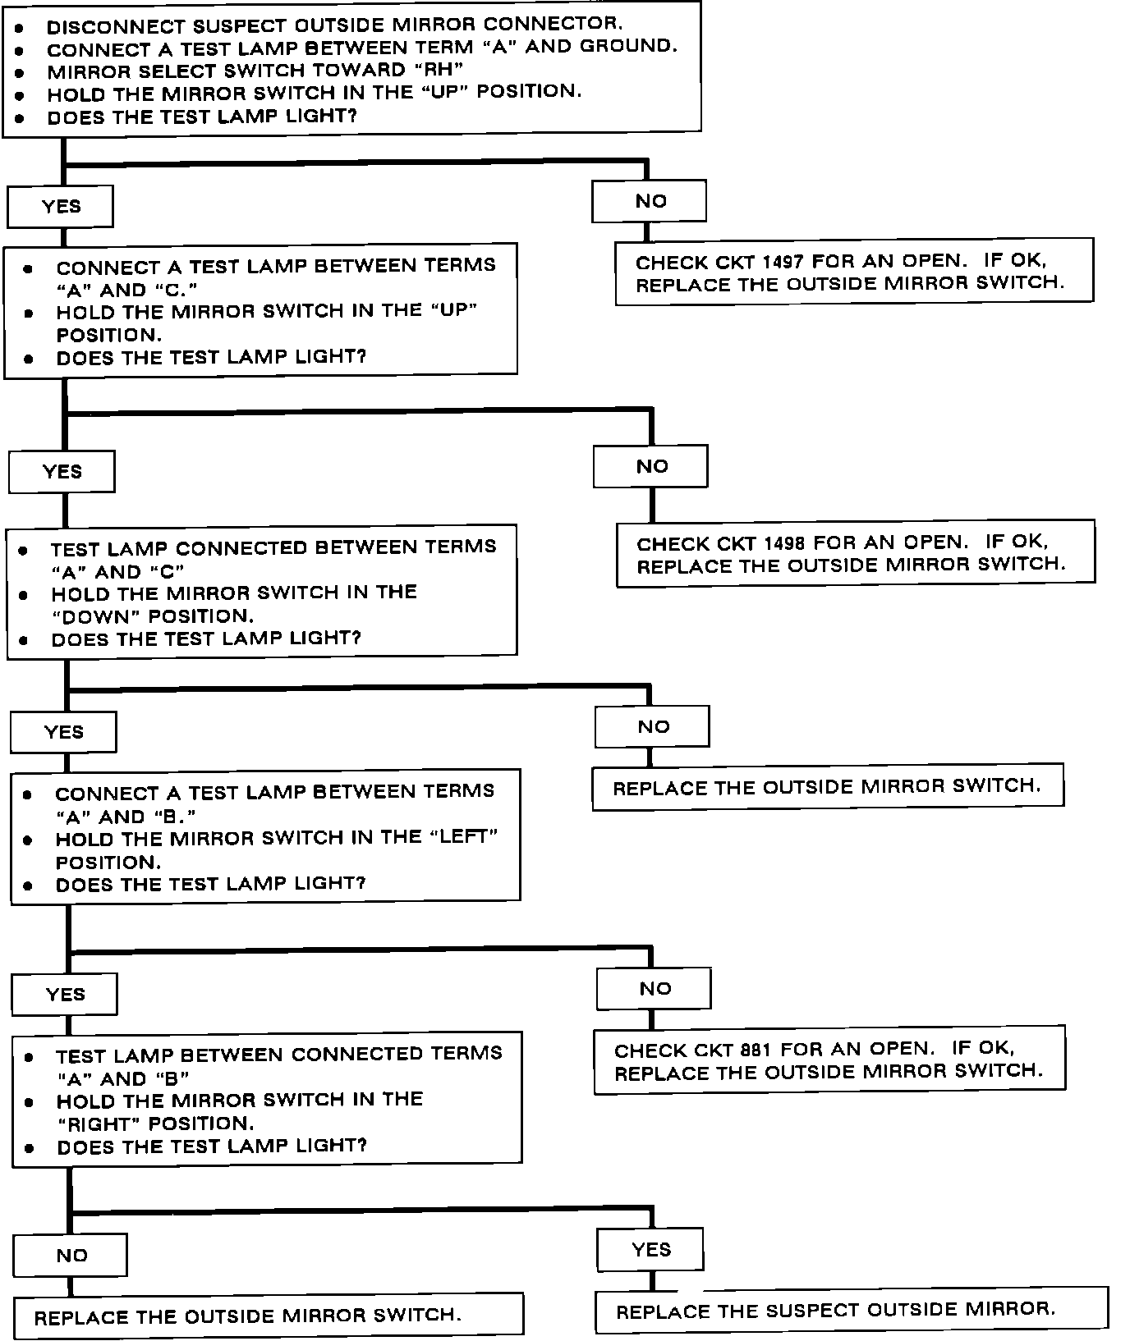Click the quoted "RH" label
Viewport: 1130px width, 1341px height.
[x=439, y=70]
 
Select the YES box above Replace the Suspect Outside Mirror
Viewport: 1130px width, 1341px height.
[x=650, y=1250]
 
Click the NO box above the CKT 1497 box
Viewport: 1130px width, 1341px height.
[x=650, y=201]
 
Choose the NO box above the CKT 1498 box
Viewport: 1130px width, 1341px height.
[x=651, y=466]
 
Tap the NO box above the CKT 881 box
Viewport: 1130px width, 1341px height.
[x=655, y=989]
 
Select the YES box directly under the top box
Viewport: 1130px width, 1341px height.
[x=60, y=206]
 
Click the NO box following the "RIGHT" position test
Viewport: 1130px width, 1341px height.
[x=71, y=1255]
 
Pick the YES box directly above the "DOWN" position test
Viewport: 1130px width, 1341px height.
[x=62, y=471]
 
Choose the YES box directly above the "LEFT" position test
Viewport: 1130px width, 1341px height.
[x=63, y=731]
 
